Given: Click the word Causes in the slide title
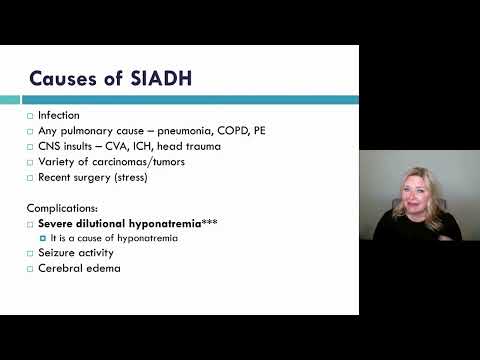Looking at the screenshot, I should (x=62, y=77).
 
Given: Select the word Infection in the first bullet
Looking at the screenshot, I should (x=58, y=115).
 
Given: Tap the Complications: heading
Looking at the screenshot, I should (x=63, y=208).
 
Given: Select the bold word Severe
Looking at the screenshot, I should (x=58, y=223).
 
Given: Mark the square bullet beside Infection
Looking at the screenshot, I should (x=30, y=116).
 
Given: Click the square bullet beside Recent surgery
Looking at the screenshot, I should (x=30, y=177).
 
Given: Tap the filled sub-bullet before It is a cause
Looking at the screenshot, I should (x=42, y=239).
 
